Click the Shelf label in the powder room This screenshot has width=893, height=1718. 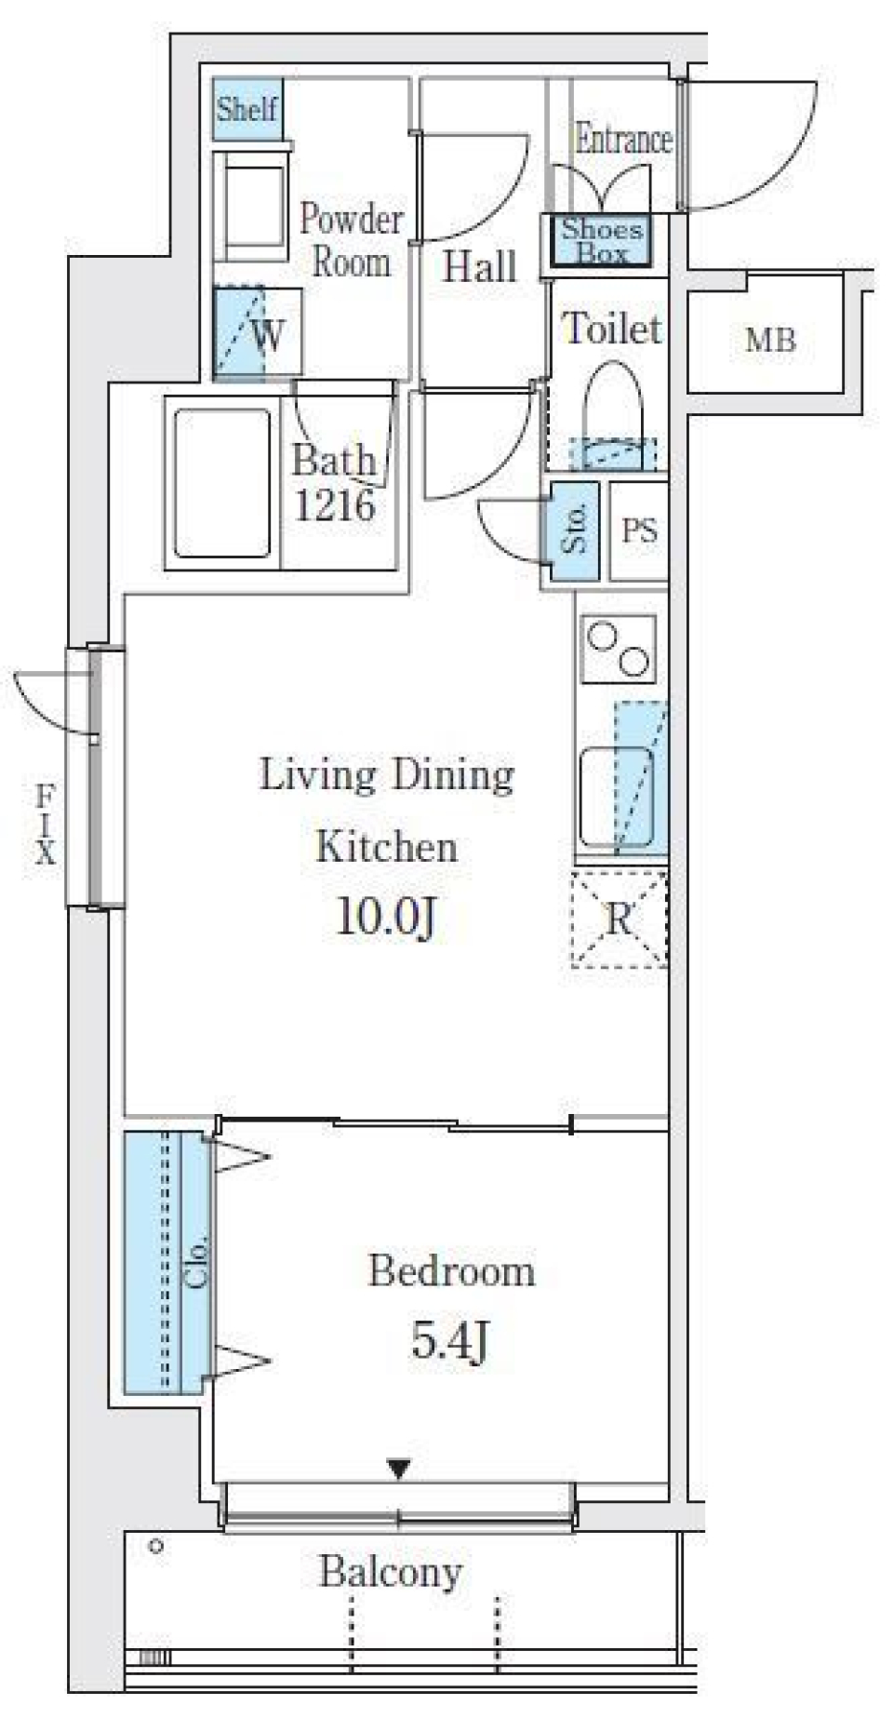pyautogui.click(x=247, y=109)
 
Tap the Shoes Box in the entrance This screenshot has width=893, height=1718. pyautogui.click(x=600, y=240)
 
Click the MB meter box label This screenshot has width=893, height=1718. pyautogui.click(x=770, y=341)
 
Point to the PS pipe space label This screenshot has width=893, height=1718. pyautogui.click(x=640, y=530)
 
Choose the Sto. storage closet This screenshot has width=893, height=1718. pyautogui.click(x=573, y=530)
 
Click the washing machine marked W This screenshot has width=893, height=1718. pyautogui.click(x=258, y=333)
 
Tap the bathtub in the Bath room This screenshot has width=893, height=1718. pyautogui.click(x=222, y=483)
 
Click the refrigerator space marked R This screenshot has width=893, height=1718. pyautogui.click(x=619, y=919)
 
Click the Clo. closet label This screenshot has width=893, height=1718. pyautogui.click(x=197, y=1262)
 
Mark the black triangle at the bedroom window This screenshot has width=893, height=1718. pyautogui.click(x=399, y=1470)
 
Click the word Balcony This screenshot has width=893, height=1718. pyautogui.click(x=391, y=1572)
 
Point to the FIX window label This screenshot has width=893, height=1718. pyautogui.click(x=45, y=824)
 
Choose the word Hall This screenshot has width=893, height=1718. pyautogui.click(x=479, y=266)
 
